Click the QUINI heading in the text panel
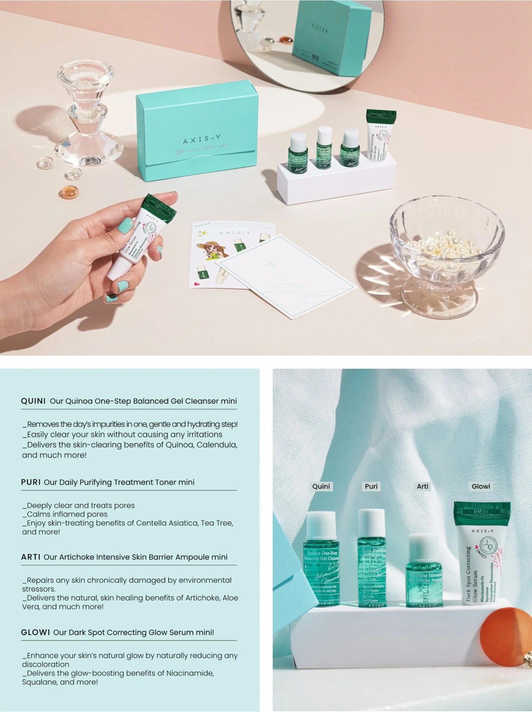(33, 401)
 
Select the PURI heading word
(31, 482)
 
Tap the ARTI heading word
(31, 557)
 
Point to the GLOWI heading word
(35, 632)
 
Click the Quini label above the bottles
(321, 486)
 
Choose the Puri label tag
(371, 486)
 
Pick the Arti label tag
(422, 486)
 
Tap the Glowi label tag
(480, 486)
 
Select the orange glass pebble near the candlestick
(68, 192)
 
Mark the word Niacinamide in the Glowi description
(190, 673)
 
